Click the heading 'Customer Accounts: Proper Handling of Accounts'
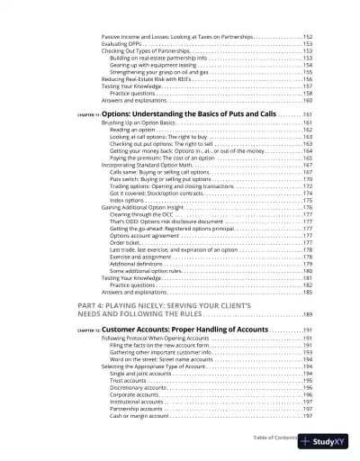point(191,330)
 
